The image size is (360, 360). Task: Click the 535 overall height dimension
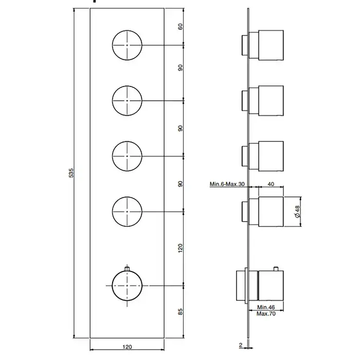coord(71,173)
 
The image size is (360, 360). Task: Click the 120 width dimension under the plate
coord(127,347)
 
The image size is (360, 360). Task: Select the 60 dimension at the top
coord(181,27)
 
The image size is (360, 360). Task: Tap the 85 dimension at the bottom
coord(181,312)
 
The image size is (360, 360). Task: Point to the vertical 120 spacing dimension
coord(180,248)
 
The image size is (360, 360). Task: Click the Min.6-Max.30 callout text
coord(227,184)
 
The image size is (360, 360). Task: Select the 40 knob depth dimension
coord(271,184)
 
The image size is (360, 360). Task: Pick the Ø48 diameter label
coord(297,212)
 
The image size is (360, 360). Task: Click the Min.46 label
coord(266,307)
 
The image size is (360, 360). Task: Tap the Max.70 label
coord(266,314)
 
